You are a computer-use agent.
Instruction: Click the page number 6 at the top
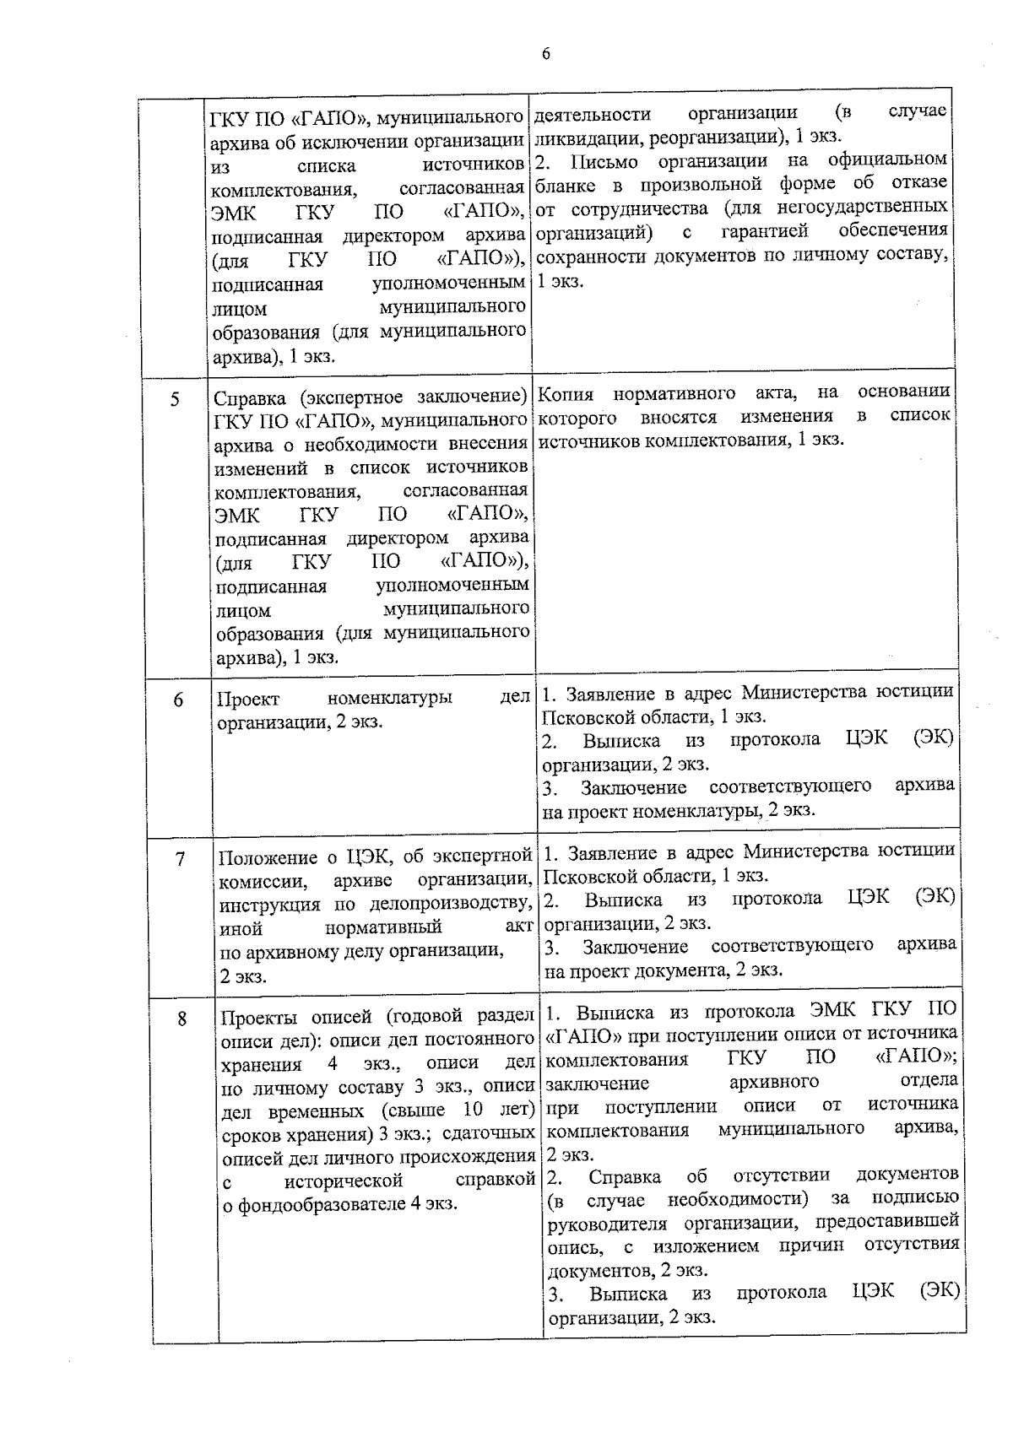545,55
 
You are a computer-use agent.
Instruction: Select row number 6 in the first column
178,700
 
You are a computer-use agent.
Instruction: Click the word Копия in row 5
566,393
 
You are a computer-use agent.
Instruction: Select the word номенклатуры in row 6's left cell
389,699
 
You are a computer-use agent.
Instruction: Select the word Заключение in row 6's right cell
633,787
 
